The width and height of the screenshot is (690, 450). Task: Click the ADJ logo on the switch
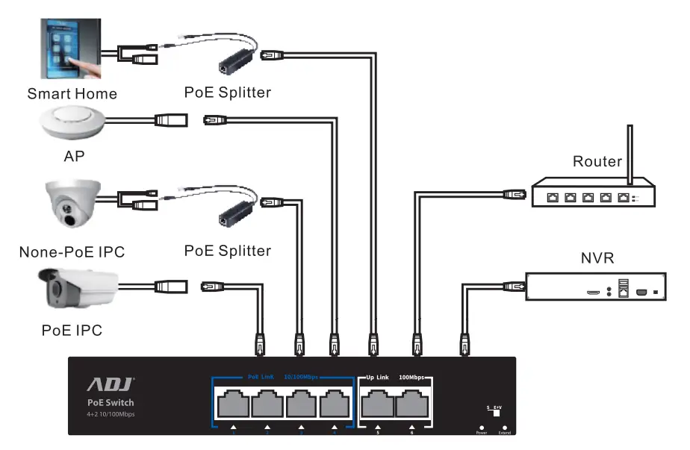point(111,384)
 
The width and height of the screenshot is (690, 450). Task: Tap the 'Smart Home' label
point(72,94)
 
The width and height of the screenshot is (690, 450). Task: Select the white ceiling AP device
point(72,122)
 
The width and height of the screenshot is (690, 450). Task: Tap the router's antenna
point(629,157)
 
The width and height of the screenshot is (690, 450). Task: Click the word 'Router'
point(597,161)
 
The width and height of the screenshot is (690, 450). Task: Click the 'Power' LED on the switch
point(481,427)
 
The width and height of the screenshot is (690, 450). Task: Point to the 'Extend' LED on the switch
point(504,427)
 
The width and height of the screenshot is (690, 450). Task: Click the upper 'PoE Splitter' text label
point(227,93)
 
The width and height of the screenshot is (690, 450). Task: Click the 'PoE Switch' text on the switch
point(111,403)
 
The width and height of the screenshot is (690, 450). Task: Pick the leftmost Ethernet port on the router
point(552,198)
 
